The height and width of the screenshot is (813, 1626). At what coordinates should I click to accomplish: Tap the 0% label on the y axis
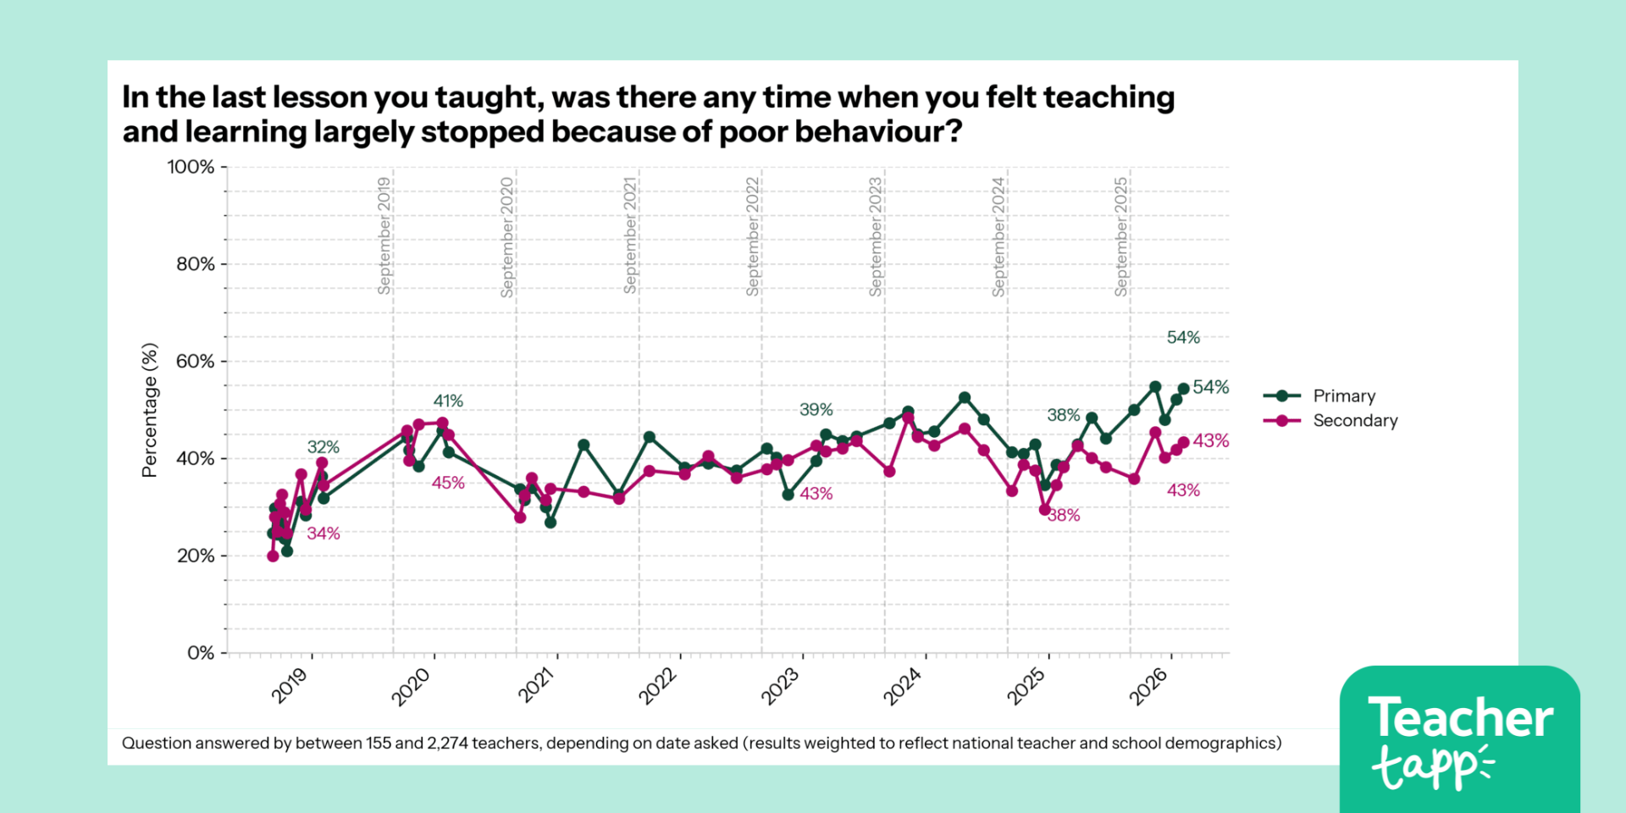pyautogui.click(x=201, y=653)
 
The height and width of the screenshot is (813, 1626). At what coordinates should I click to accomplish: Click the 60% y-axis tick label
pyautogui.click(x=195, y=362)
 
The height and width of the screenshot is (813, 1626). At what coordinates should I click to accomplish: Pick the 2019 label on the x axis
pyautogui.click(x=290, y=685)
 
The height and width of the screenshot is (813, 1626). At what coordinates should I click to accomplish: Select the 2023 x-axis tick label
pyautogui.click(x=780, y=685)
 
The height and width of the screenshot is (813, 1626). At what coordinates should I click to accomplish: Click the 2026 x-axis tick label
pyautogui.click(x=1148, y=685)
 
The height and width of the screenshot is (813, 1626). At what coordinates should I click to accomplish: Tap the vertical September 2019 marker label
pyautogui.click(x=384, y=235)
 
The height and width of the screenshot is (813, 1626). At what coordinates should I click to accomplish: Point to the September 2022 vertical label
pyautogui.click(x=753, y=236)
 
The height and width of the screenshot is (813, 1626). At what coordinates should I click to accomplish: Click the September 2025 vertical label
pyautogui.click(x=1121, y=236)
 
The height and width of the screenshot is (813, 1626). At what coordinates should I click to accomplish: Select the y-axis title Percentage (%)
pyautogui.click(x=150, y=410)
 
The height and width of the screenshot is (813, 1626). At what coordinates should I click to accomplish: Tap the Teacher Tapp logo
pyautogui.click(x=1459, y=739)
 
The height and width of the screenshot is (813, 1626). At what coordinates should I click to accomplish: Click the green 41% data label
pyautogui.click(x=448, y=401)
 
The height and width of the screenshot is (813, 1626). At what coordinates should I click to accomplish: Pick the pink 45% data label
pyautogui.click(x=448, y=483)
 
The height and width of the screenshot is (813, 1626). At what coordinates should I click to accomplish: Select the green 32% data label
pyautogui.click(x=323, y=447)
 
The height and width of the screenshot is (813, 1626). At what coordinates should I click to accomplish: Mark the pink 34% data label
pyautogui.click(x=323, y=534)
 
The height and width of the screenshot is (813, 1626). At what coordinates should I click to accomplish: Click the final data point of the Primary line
pyautogui.click(x=1183, y=389)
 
